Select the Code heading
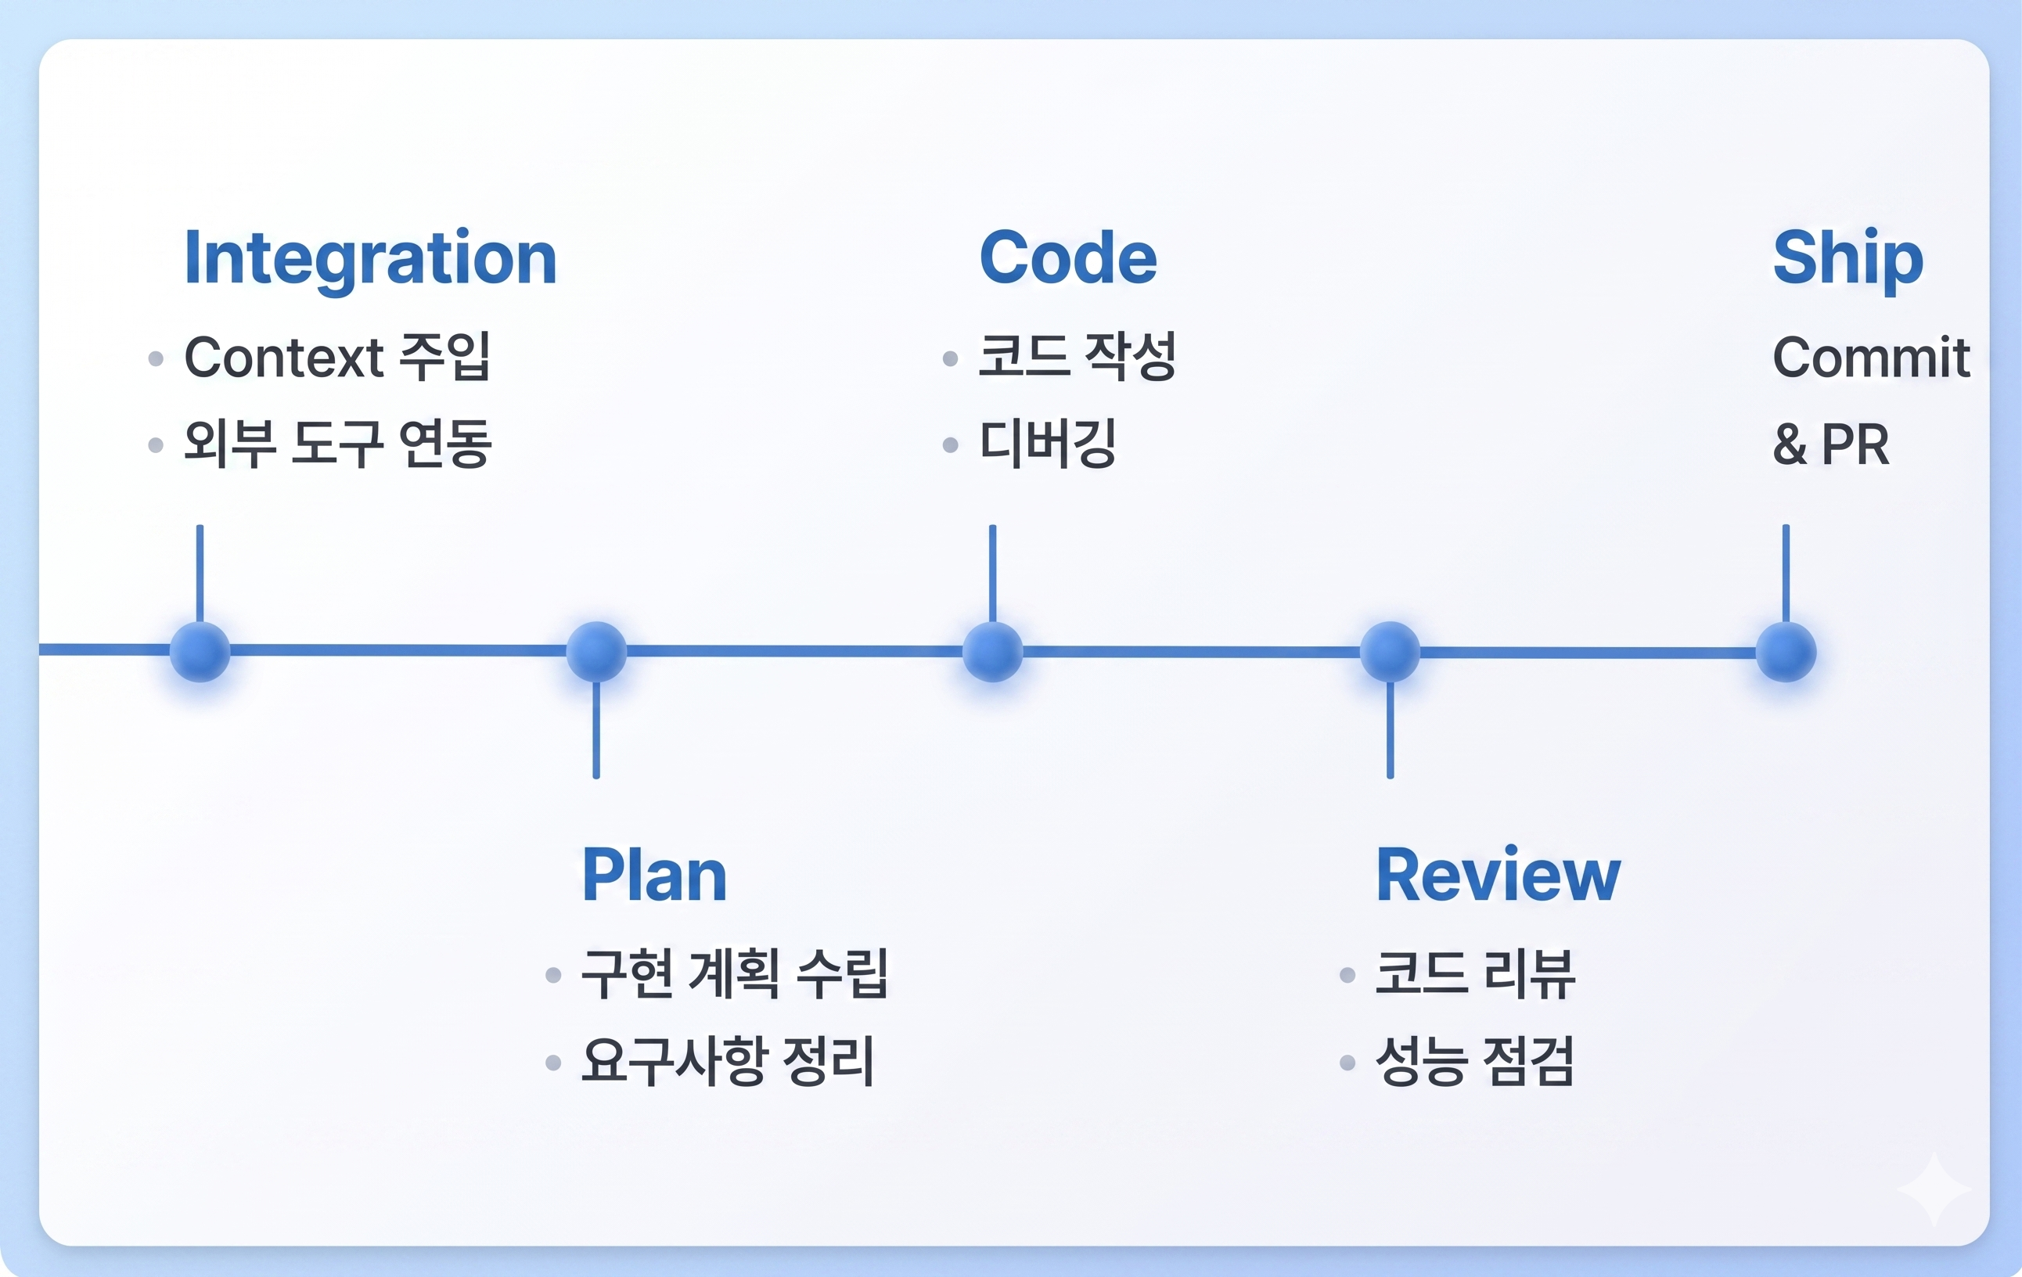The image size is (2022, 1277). (1068, 257)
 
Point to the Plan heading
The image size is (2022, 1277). (654, 876)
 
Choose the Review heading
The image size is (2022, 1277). (1498, 876)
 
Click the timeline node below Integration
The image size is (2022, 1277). (200, 652)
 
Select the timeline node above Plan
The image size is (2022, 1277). (596, 652)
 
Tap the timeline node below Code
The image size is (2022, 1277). (992, 652)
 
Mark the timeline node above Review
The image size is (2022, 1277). (1390, 652)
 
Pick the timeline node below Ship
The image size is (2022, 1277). (1786, 652)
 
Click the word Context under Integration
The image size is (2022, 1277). (284, 358)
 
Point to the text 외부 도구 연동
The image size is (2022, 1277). (337, 444)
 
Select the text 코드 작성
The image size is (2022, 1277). (1077, 357)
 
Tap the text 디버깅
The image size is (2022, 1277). (1048, 444)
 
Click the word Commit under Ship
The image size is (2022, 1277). (1871, 358)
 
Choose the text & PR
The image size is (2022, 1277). (1831, 444)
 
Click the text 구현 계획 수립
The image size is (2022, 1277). (735, 974)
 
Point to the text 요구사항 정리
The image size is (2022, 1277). (728, 1061)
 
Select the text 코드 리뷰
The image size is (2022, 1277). (1475, 974)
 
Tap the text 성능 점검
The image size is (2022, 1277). (1474, 1061)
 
